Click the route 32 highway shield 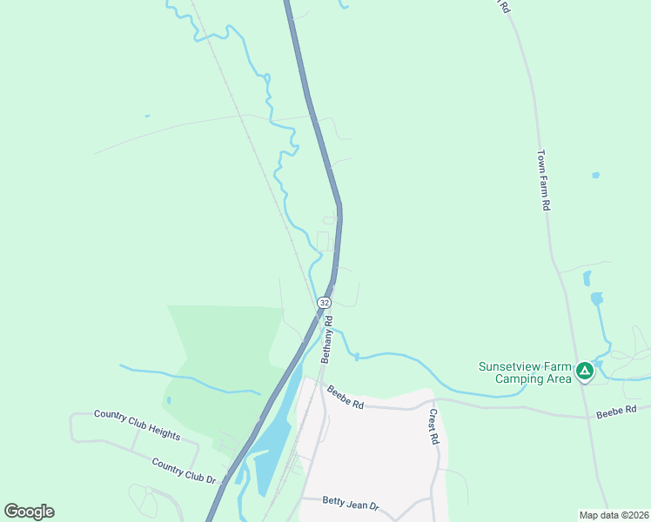pos(324,302)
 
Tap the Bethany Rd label pos(328,339)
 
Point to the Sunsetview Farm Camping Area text pos(525,372)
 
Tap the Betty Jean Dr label pos(352,505)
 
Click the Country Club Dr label pos(183,470)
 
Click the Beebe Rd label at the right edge pos(617,410)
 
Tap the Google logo pos(29,512)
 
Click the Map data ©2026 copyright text pos(614,514)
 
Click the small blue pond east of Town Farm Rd pos(595,175)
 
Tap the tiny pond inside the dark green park pos(168,400)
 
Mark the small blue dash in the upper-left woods pos(146,116)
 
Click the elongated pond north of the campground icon pos(587,278)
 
